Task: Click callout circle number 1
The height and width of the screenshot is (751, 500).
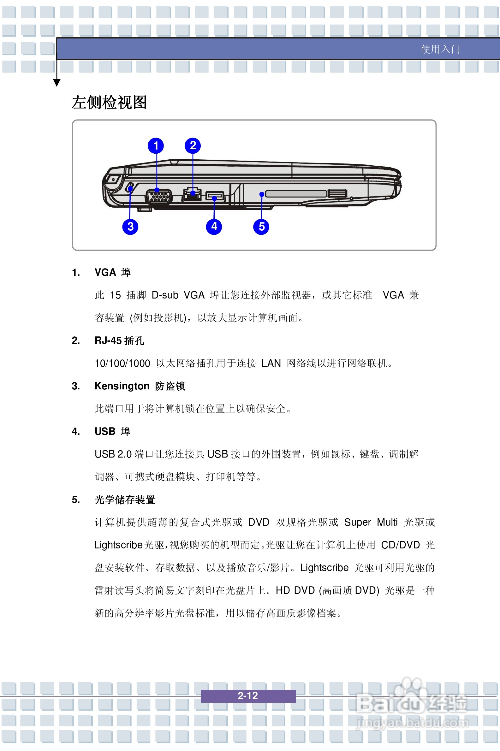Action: coord(156,146)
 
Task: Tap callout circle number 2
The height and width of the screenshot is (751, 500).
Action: coord(193,145)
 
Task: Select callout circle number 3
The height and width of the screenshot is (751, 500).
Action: coord(130,227)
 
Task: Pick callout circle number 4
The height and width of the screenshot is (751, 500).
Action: coord(214,227)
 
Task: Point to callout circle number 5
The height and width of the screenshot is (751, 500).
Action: coord(261,227)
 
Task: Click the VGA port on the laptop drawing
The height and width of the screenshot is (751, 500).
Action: coord(159,197)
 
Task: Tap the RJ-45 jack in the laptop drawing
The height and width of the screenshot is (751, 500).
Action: coord(192,195)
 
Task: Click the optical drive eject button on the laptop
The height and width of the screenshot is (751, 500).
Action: coord(337,193)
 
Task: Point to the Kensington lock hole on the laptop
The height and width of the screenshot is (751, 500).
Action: coord(130,188)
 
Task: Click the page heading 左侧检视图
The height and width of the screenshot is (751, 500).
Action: coord(109,102)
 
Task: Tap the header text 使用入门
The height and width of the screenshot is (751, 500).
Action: coord(440,49)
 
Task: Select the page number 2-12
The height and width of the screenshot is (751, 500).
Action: coord(248,695)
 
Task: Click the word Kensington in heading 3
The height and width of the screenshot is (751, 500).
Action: coord(122,386)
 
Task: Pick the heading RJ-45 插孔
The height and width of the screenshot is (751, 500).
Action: coord(119,340)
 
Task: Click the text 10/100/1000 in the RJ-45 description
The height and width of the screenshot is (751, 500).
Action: coord(122,363)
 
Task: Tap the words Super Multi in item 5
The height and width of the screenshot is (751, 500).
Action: coord(371,523)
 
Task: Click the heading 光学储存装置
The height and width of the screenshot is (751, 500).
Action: coord(125,500)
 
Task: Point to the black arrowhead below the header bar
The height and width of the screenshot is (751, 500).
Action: coord(57,83)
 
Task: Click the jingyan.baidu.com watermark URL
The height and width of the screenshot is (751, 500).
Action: coord(412,722)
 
